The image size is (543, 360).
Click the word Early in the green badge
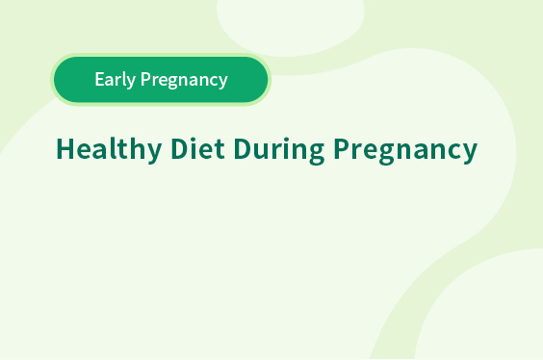coord(115,80)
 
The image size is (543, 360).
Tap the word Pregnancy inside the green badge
coord(184,80)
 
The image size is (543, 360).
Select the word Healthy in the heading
coord(109,150)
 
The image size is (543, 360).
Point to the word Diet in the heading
coord(197,148)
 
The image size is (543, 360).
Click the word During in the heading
coord(279,150)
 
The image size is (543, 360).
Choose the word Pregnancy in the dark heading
coord(405,150)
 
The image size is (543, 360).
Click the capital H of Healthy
coord(65,148)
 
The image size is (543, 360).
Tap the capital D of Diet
coord(180,148)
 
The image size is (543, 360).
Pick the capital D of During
coord(243,148)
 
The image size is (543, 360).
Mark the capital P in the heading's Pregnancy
coord(342,148)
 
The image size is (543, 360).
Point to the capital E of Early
coord(100,79)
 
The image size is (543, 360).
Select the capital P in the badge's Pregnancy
coord(145,79)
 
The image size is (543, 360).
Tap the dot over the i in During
coord(285,140)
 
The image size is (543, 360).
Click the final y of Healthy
coord(153,154)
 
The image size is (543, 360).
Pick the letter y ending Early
coord(130,83)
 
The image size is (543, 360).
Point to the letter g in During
coord(316,154)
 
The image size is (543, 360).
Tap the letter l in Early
coord(122,79)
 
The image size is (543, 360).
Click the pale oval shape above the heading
coord(290,24)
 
